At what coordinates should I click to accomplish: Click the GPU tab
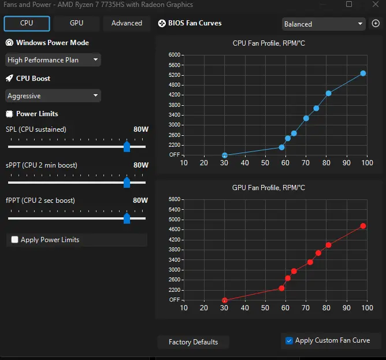pos(76,23)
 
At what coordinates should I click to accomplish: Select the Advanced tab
pos(127,23)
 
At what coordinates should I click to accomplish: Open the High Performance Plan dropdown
pos(53,60)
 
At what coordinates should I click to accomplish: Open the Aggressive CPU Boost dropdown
pos(53,95)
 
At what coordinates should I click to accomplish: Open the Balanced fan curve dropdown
pos(324,24)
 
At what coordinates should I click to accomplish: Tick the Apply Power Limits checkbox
pos(15,239)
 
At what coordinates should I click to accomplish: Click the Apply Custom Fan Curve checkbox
pos(289,340)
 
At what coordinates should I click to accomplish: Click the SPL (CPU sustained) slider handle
pos(127,147)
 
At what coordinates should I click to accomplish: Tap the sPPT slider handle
pos(127,183)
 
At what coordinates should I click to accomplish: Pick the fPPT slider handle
pos(127,218)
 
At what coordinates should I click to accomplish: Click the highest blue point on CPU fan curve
pos(363,73)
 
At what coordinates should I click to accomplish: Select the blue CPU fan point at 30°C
pos(225,155)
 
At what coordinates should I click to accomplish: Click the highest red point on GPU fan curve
pos(363,226)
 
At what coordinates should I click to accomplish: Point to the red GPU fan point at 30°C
pos(225,300)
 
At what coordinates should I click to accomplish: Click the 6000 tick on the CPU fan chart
pos(175,55)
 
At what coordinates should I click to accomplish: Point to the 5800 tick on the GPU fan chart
pos(175,199)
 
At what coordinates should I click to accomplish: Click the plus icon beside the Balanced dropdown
pos(376,23)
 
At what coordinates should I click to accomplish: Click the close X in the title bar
pos(376,4)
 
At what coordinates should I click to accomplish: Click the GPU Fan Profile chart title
pos(269,188)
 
